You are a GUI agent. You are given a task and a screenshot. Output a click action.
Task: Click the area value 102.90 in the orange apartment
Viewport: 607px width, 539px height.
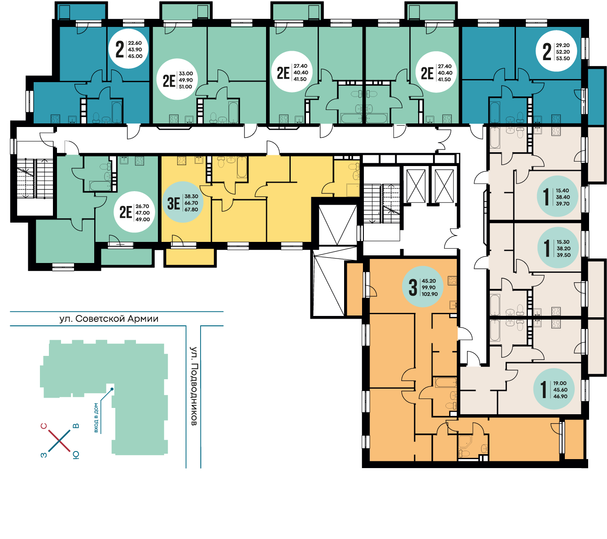pos(430,294)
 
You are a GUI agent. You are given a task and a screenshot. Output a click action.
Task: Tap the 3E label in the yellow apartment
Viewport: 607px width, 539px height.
pos(174,204)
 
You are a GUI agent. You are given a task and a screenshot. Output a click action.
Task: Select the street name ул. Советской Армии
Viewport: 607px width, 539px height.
pos(109,319)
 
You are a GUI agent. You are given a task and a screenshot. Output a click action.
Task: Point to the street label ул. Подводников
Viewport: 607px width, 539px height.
pos(194,386)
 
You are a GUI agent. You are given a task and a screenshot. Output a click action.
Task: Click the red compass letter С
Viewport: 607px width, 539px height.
pos(44,426)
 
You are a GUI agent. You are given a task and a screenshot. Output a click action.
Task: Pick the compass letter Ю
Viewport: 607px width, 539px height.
pos(76,455)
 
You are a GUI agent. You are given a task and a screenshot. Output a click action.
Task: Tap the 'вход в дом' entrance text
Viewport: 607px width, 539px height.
pos(96,417)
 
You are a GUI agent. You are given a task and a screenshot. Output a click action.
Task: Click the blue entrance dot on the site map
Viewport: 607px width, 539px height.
pos(112,389)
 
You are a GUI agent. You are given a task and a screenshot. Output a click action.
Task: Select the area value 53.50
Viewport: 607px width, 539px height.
pos(563,58)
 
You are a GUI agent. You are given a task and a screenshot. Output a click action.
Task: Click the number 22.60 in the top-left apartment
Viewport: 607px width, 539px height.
pos(135,43)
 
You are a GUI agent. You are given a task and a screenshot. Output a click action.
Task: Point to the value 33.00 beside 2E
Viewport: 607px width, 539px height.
pos(186,74)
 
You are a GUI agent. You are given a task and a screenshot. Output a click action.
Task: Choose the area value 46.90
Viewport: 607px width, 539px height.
pos(560,396)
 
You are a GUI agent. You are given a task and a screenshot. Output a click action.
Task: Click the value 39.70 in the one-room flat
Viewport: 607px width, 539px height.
pos(563,204)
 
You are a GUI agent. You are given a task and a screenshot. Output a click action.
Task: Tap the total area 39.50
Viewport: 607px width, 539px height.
pos(563,255)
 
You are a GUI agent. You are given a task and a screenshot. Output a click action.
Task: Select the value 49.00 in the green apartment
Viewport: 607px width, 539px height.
pos(143,219)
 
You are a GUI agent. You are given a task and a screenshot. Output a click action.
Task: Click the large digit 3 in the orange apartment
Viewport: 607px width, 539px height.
pos(413,287)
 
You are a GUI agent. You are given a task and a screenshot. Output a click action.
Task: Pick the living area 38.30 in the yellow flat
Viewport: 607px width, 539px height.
pos(191,197)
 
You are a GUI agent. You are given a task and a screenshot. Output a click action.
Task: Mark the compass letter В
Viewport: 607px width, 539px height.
pos(76,426)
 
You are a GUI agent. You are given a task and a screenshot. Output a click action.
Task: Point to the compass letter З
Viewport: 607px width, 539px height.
pos(44,455)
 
